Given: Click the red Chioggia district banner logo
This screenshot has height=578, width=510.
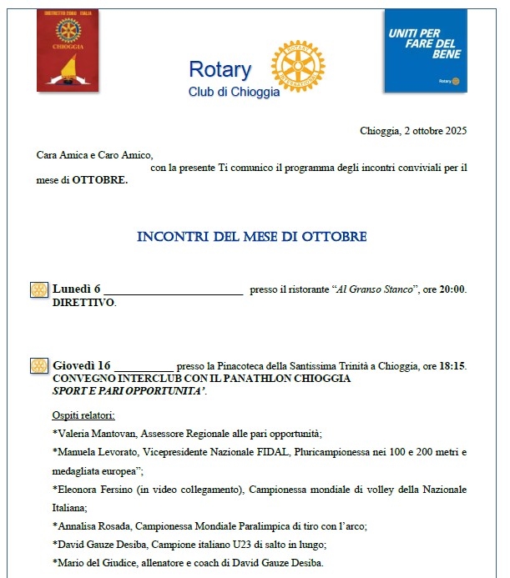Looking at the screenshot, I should point(68,50).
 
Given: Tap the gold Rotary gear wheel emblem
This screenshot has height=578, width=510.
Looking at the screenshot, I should point(298,66).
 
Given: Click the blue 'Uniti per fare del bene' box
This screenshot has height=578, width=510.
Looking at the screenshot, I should point(425,50).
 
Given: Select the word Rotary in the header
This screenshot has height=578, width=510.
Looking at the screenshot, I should point(220,69).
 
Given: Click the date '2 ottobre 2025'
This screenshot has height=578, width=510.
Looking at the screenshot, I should point(434,131).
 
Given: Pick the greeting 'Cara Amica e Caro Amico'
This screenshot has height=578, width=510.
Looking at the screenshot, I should point(95,154).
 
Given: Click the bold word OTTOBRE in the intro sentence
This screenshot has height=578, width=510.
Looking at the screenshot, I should point(100,179).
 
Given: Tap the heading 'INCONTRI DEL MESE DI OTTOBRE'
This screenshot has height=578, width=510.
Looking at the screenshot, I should point(251,237).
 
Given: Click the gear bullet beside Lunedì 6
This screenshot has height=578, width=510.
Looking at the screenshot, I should point(38,289).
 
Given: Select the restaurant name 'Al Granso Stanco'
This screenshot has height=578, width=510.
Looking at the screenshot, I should point(374,289).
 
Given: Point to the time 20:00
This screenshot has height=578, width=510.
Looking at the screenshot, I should point(452,289).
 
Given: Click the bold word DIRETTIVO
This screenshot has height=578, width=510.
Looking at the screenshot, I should point(83,302).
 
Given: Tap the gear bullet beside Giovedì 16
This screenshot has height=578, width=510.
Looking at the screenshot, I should point(38,365).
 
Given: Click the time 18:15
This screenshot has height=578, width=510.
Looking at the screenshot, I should point(452,365).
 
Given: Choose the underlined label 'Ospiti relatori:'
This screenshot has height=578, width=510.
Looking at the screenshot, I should point(83,415).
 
